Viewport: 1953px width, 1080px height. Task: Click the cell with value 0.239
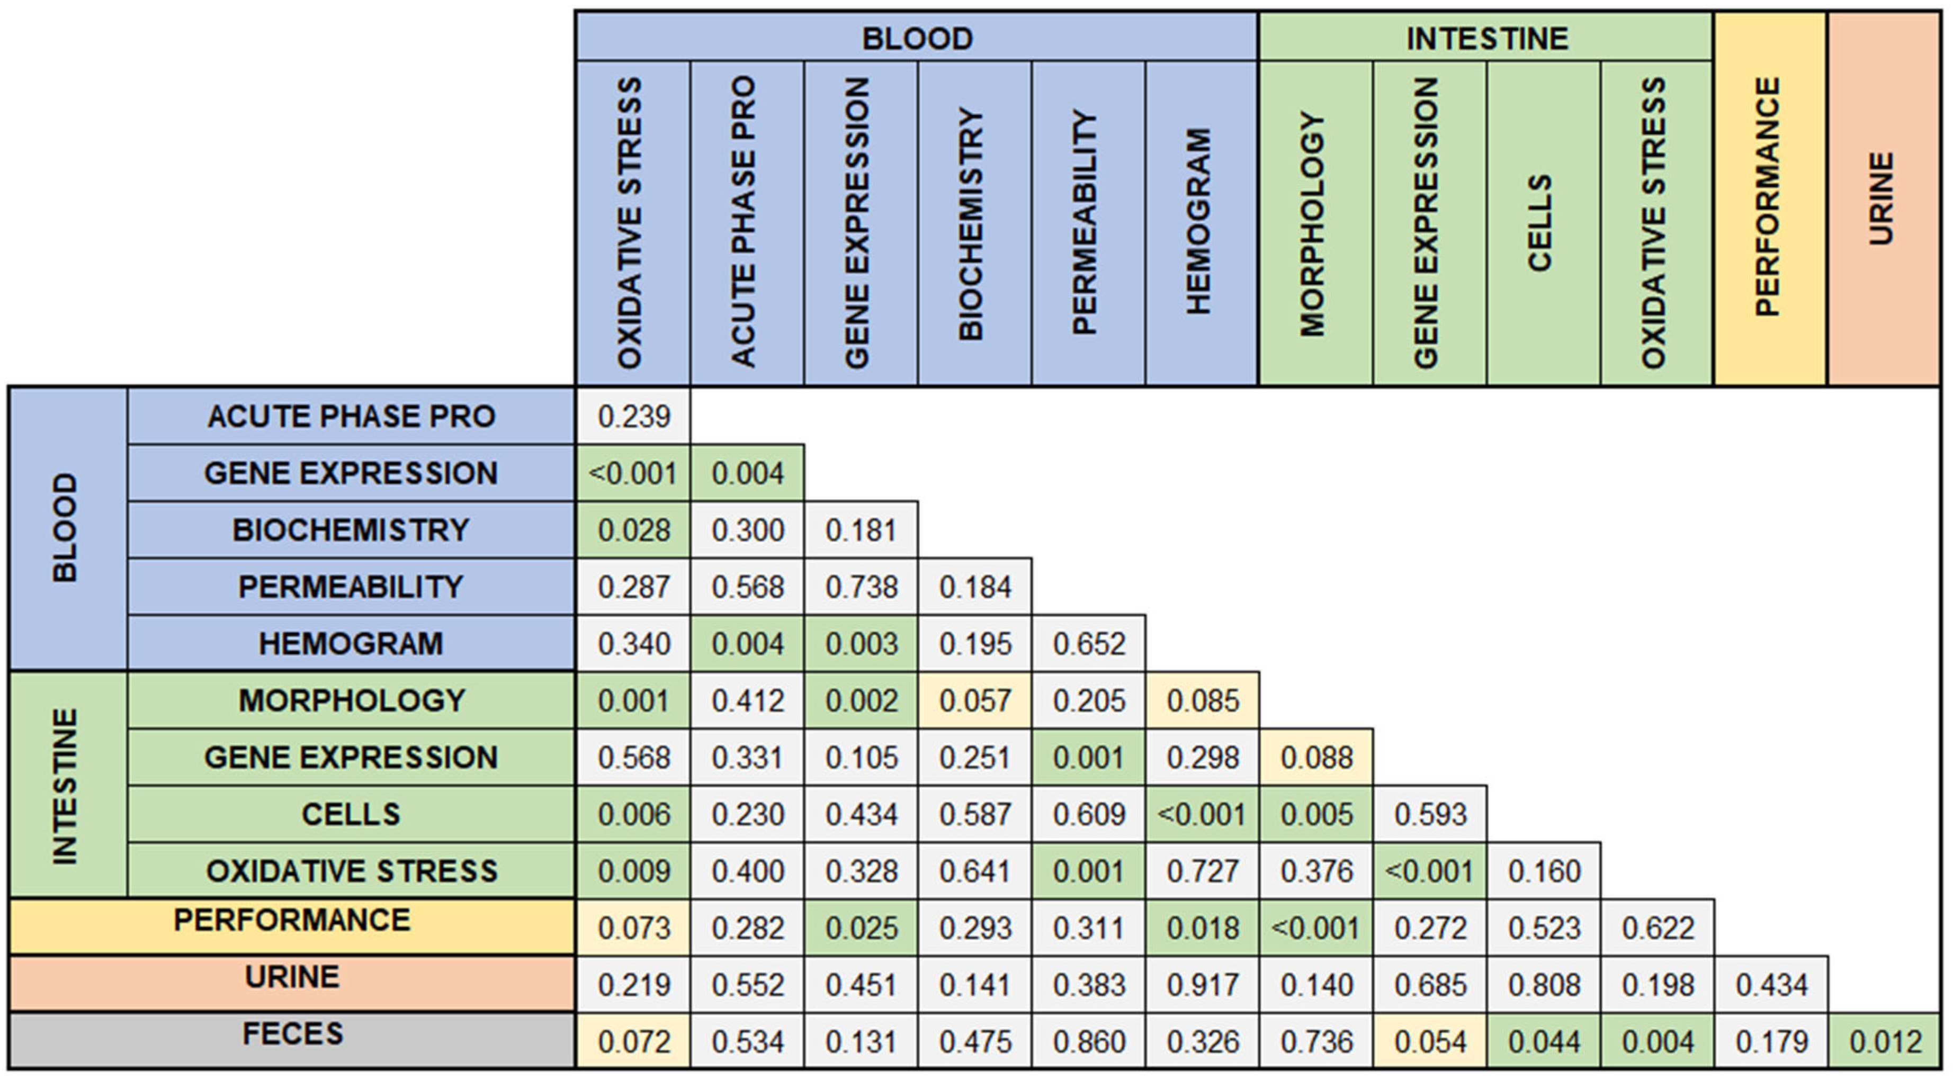pyautogui.click(x=634, y=416)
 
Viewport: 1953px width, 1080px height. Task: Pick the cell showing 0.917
pyautogui.click(x=1203, y=985)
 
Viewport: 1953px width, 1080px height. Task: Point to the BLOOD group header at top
pyautogui.click(x=917, y=38)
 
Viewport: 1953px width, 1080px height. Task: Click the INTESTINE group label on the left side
pyautogui.click(x=67, y=785)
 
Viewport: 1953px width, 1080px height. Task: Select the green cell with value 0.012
pyautogui.click(x=1885, y=1041)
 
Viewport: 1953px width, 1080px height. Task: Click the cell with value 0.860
pyautogui.click(x=1089, y=1041)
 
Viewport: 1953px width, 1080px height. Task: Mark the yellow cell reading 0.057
pyautogui.click(x=975, y=700)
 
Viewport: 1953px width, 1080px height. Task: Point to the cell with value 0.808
pyautogui.click(x=1544, y=985)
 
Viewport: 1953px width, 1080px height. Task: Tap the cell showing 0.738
pyautogui.click(x=861, y=587)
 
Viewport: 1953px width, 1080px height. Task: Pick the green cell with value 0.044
pyautogui.click(x=1544, y=1041)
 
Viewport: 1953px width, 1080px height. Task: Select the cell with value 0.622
pyautogui.click(x=1658, y=928)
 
